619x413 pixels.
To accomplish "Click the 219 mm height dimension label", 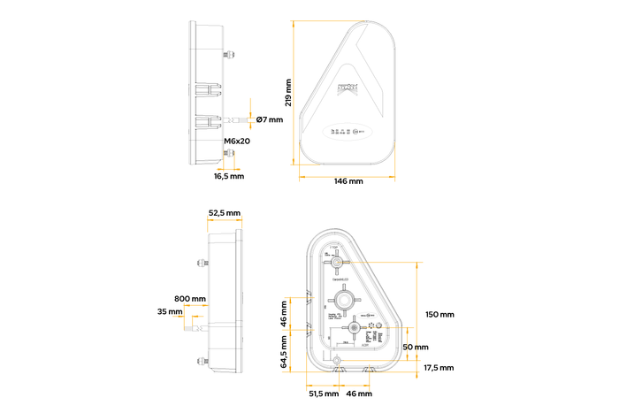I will [288, 91].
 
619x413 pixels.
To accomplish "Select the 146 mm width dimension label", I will [348, 181].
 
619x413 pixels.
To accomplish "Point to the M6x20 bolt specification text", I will [236, 141].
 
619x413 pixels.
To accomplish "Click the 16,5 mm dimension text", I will [229, 176].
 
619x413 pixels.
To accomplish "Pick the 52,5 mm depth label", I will [224, 213].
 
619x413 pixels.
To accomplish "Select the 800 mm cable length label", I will [190, 298].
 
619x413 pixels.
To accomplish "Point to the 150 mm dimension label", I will [439, 315].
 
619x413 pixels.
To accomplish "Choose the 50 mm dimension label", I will [415, 347].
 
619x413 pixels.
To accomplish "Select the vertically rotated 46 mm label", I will [285, 313].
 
